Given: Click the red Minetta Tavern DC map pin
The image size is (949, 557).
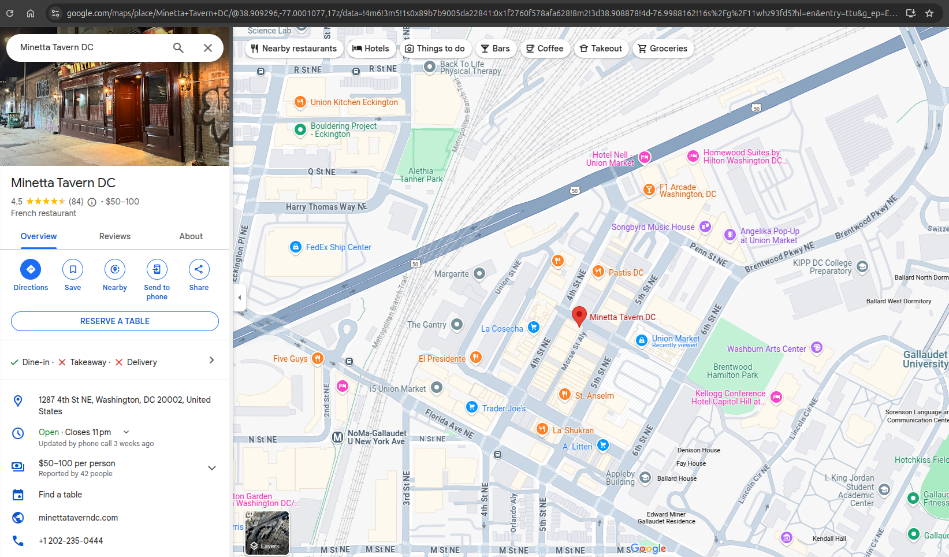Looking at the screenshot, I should click(x=579, y=315).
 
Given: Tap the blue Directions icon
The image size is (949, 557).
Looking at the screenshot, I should click(x=31, y=269).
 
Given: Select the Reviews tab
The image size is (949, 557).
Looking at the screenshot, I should click(x=114, y=236).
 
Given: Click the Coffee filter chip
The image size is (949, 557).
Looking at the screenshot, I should click(x=545, y=49).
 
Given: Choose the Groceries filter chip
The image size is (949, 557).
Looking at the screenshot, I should click(x=663, y=49).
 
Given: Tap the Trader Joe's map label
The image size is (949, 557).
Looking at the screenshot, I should click(x=504, y=409).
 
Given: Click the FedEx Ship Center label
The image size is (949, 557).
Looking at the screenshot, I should click(x=338, y=247).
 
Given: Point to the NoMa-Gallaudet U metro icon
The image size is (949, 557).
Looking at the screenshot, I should click(x=338, y=437).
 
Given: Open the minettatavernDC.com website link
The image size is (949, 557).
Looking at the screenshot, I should click(x=78, y=518).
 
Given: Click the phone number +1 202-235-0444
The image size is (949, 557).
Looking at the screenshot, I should click(x=70, y=541).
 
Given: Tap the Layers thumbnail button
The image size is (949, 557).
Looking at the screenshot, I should click(x=267, y=533).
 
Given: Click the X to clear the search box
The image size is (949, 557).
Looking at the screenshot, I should click(x=208, y=48).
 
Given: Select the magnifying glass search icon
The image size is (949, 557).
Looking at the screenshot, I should click(x=178, y=48).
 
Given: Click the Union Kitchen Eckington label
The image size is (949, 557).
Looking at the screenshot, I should click(x=353, y=102).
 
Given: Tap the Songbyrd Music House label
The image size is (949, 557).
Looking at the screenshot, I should click(x=653, y=227).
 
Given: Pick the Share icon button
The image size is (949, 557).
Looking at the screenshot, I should click(x=199, y=269).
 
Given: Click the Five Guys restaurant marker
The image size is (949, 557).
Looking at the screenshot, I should click(x=317, y=358).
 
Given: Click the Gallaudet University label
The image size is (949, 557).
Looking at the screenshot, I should click(x=925, y=359).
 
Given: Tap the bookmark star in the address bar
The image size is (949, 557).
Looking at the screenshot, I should click(x=929, y=13).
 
